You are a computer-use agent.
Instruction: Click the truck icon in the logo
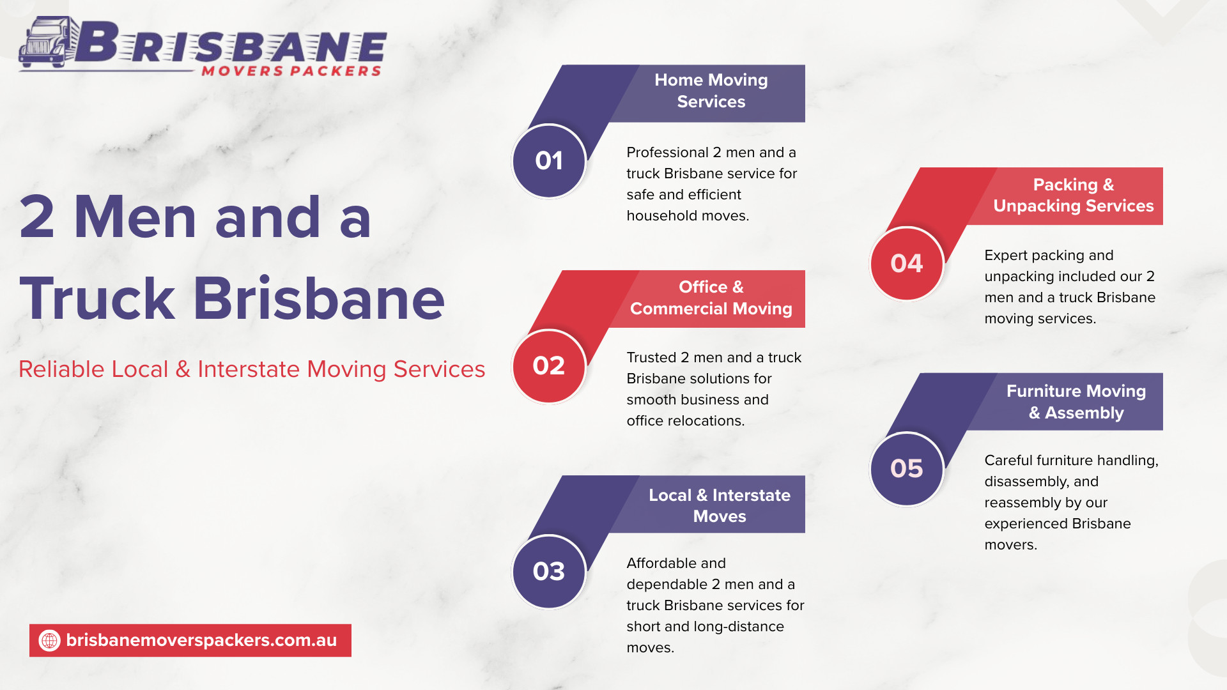(x=46, y=42)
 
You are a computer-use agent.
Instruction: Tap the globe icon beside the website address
(x=50, y=640)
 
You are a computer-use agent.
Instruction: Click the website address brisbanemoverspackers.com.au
(x=201, y=640)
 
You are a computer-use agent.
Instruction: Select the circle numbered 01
(x=549, y=161)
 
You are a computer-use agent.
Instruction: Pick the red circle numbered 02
(x=549, y=366)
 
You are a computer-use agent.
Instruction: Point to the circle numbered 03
(x=549, y=571)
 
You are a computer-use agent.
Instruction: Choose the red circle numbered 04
(x=907, y=263)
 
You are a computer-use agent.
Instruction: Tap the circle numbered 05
(x=907, y=469)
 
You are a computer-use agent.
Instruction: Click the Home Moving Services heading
(x=711, y=91)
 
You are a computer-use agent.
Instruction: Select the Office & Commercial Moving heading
(x=711, y=298)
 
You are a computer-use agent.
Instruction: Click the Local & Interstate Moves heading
(x=720, y=505)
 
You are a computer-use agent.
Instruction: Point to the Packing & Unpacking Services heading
(x=1074, y=195)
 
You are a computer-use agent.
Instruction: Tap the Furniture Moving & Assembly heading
(x=1076, y=402)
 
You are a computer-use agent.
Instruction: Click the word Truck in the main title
(x=97, y=298)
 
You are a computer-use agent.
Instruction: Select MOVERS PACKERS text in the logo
(x=292, y=71)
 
